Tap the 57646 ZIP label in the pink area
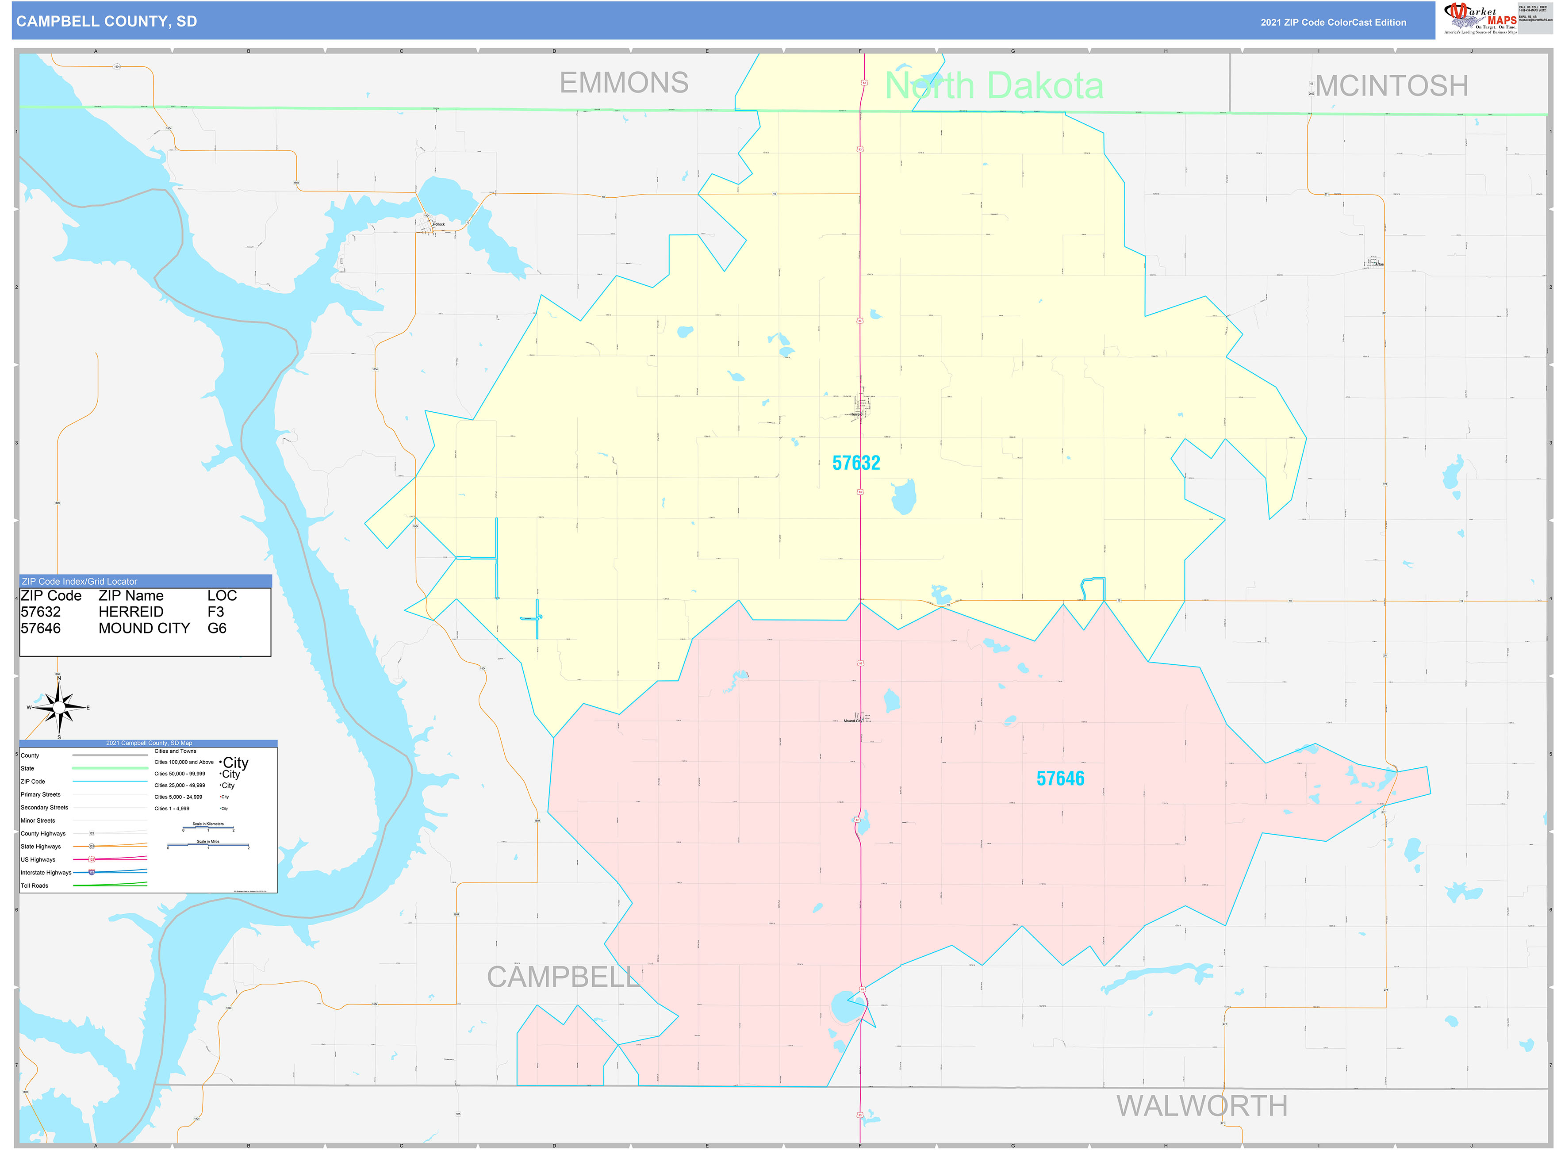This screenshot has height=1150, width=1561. coord(1060,778)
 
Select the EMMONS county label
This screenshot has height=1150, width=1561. coord(624,83)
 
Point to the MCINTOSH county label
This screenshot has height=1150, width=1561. coord(1391,86)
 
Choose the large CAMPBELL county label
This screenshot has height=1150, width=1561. coord(563,977)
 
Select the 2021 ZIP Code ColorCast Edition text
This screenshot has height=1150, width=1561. coord(1333,22)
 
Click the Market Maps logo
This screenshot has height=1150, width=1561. coord(1480,18)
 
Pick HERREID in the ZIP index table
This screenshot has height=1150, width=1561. coord(131,612)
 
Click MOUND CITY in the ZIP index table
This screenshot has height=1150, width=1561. coord(144,628)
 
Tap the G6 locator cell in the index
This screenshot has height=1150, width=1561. coord(217,628)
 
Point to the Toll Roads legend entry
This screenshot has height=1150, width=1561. coord(35,885)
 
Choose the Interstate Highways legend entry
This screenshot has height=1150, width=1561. coord(46,872)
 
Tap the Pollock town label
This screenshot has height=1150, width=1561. coord(439,224)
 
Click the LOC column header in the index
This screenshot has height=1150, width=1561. coord(222,596)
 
